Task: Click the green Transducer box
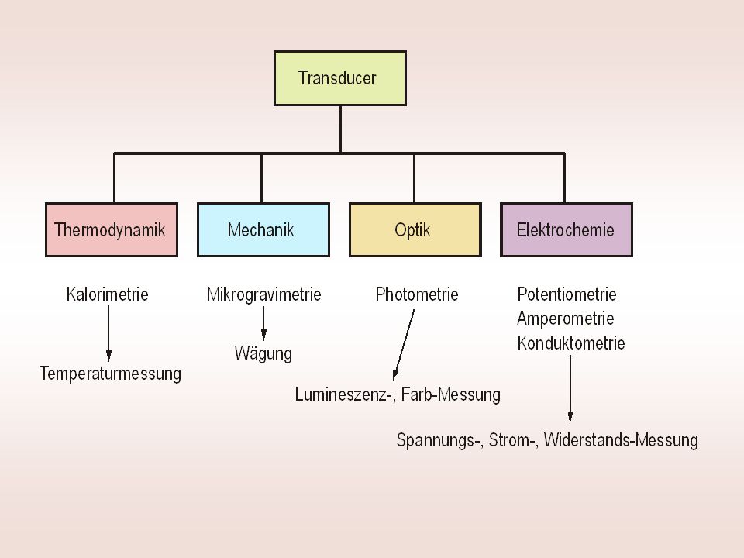(x=340, y=78)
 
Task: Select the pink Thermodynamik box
(x=112, y=230)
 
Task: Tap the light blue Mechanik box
(x=263, y=230)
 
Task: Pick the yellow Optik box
(x=415, y=230)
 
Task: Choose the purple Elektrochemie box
(x=567, y=230)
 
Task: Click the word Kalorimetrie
(x=107, y=294)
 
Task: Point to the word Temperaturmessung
(x=110, y=374)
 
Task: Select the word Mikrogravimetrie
(x=263, y=294)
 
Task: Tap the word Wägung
(x=263, y=353)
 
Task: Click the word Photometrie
(x=417, y=294)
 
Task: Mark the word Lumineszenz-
(x=346, y=394)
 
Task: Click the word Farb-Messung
(x=451, y=394)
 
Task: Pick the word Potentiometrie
(x=567, y=294)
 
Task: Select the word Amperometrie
(x=566, y=319)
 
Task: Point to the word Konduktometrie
(x=571, y=343)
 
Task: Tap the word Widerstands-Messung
(x=621, y=440)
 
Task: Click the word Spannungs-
(x=439, y=440)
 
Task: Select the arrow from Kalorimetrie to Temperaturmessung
(x=108, y=333)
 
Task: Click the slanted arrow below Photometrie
(x=403, y=345)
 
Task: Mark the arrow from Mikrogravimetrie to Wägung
(x=263, y=324)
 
